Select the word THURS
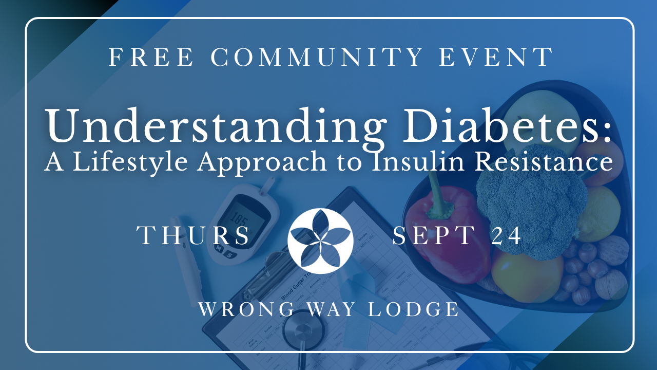193,235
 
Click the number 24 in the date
506,235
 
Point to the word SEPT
434,235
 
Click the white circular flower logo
320,241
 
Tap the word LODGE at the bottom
413,309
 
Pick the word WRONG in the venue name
246,309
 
